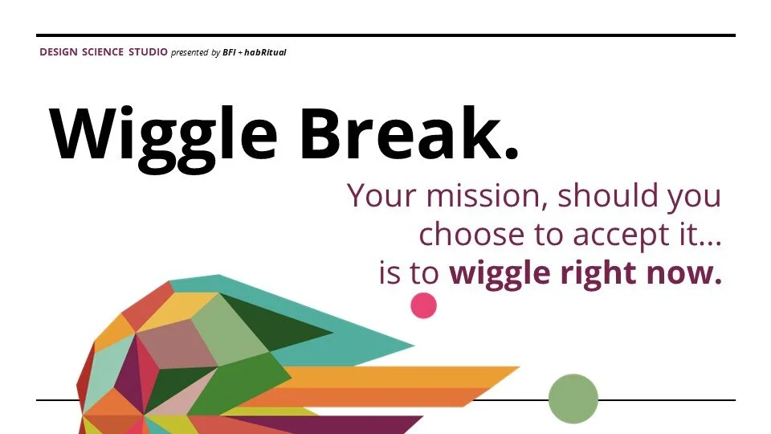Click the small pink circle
(423, 305)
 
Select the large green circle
(573, 399)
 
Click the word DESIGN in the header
(58, 52)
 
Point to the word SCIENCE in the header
(103, 52)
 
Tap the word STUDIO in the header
(148, 52)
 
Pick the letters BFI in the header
(229, 52)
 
